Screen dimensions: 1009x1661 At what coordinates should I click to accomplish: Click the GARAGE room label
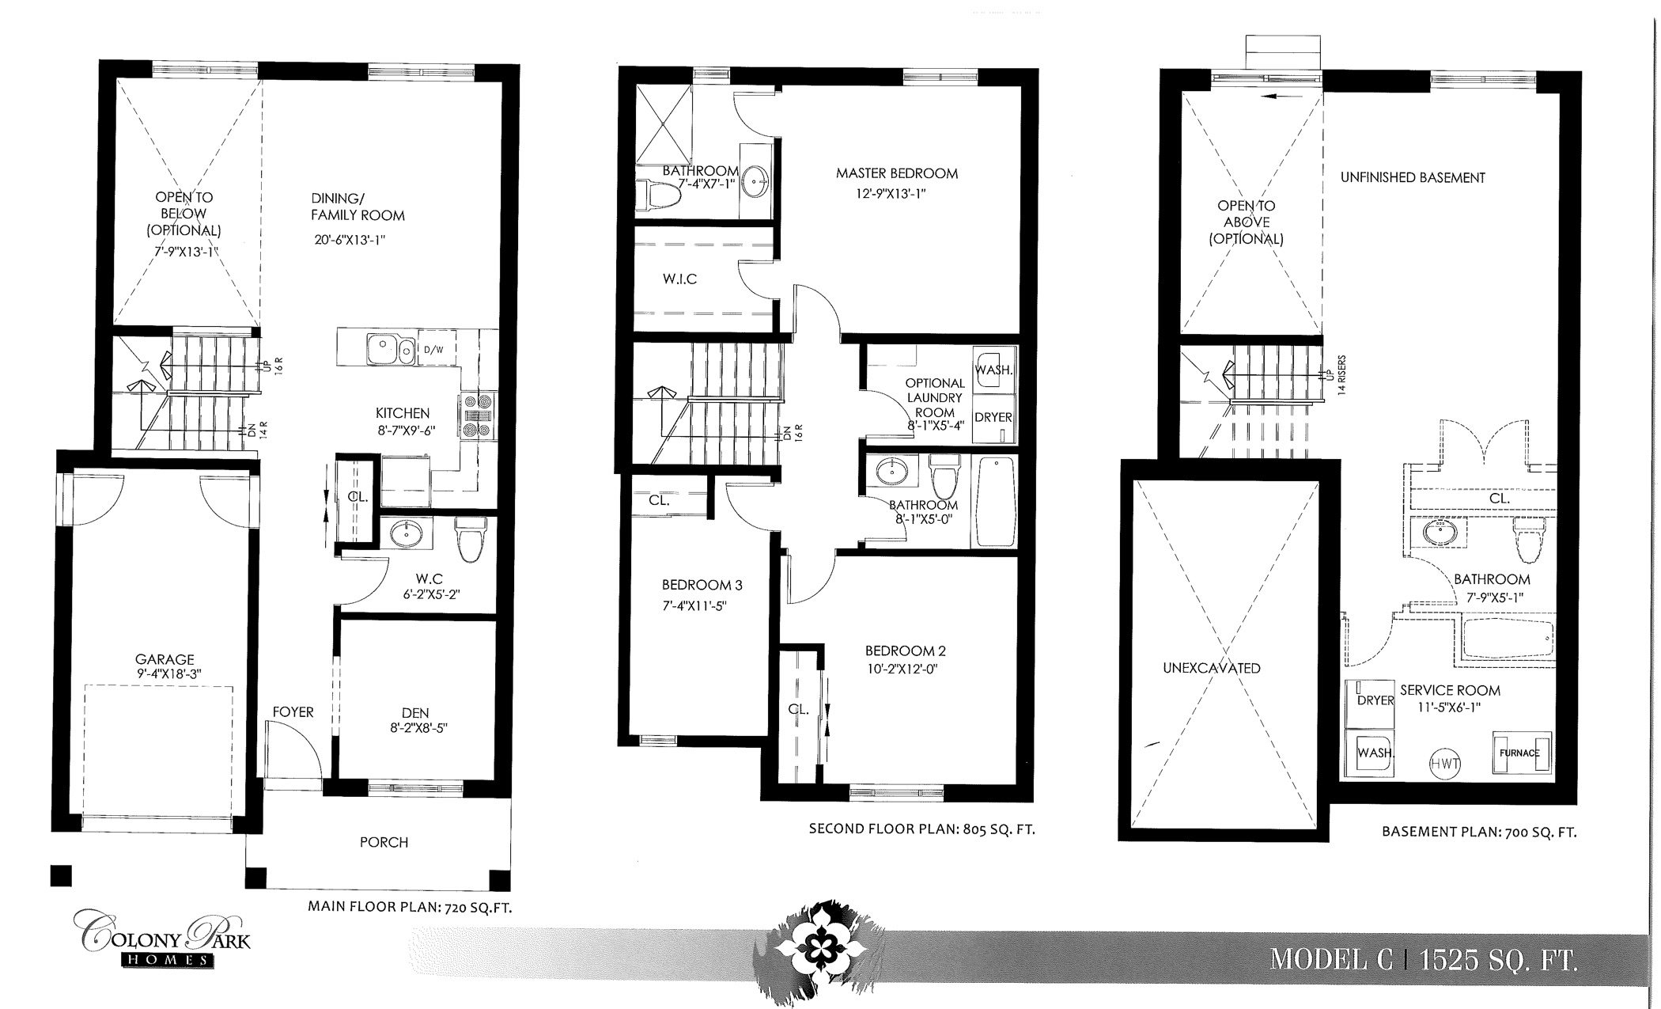(165, 658)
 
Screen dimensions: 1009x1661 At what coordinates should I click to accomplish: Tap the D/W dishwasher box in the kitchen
(433, 349)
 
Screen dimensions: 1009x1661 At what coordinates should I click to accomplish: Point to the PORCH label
(384, 842)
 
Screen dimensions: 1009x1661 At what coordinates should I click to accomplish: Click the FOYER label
(293, 711)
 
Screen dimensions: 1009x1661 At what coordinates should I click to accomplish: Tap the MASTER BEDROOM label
(897, 173)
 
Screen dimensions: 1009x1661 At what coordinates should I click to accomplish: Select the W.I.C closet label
(680, 279)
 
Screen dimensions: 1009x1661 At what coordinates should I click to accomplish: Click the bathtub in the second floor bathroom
(995, 502)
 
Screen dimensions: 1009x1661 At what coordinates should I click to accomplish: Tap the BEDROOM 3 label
(702, 585)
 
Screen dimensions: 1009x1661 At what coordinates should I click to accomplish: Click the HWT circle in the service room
(1444, 764)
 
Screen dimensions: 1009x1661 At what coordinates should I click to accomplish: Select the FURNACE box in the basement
(1520, 752)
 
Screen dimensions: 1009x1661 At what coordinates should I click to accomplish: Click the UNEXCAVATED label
(1211, 668)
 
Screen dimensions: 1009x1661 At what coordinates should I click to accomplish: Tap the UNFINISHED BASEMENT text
(1413, 177)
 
